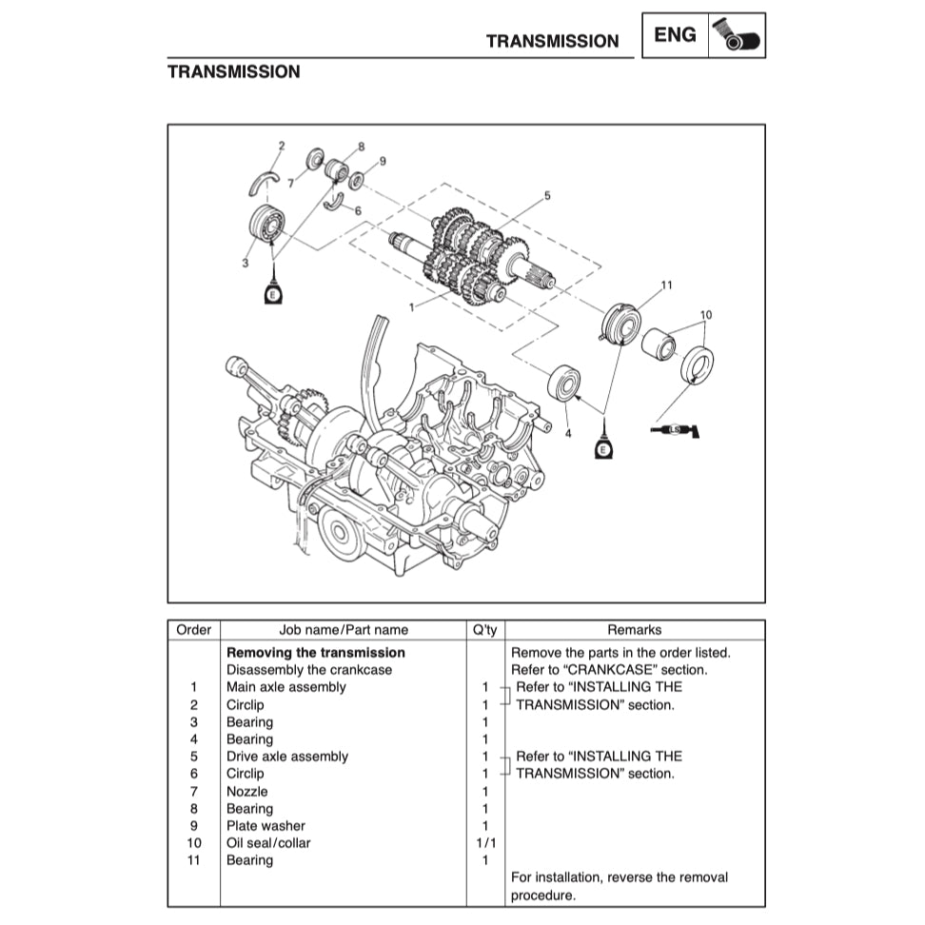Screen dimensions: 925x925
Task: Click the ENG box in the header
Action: (675, 35)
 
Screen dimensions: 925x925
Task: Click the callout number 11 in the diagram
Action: (666, 285)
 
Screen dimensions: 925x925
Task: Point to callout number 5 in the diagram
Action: (547, 196)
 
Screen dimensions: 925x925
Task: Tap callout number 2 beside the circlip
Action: (281, 146)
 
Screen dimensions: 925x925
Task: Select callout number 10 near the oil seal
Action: (705, 314)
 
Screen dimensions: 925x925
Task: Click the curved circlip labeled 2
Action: (263, 181)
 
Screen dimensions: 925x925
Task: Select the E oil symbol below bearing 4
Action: (602, 446)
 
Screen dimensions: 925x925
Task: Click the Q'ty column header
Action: (484, 630)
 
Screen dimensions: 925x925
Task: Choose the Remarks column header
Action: (634, 630)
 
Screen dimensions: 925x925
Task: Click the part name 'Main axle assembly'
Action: (285, 687)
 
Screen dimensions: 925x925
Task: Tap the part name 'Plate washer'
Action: (266, 826)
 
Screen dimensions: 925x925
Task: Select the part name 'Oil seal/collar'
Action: (268, 843)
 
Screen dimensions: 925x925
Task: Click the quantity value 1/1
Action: (484, 843)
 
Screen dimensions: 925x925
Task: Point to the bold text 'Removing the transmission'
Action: (315, 653)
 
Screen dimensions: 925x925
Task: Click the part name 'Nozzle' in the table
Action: (246, 791)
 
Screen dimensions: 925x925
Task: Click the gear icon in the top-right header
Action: (737, 35)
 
